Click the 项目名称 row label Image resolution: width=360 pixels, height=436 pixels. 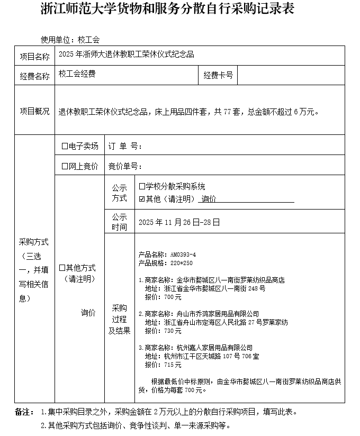[x=35, y=56]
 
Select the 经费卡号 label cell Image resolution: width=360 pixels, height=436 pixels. [x=218, y=76]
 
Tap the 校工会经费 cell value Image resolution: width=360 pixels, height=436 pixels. [x=77, y=75]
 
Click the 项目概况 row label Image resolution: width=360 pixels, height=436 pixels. [x=35, y=112]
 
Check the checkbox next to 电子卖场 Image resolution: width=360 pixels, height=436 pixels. [x=65, y=146]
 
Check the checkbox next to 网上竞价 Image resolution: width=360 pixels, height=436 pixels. [x=65, y=166]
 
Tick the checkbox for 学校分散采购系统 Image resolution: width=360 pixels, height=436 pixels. [x=141, y=187]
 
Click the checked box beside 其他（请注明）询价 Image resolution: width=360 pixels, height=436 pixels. [x=141, y=199]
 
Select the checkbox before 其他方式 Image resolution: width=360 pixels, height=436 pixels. [x=62, y=268]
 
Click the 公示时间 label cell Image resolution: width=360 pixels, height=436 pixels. [x=119, y=222]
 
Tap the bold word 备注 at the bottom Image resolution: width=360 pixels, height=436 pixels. [x=24, y=412]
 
